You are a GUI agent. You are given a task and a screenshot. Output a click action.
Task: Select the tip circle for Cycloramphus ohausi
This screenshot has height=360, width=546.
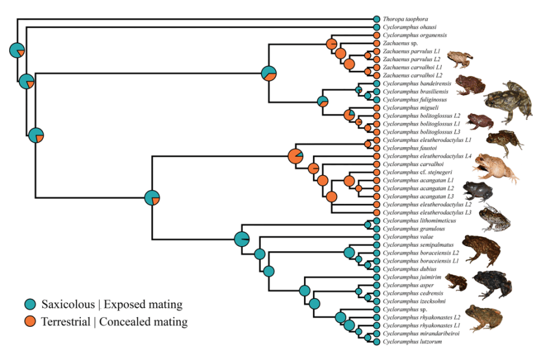(x=376, y=27)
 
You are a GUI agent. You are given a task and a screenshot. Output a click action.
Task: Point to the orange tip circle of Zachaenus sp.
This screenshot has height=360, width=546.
(x=376, y=44)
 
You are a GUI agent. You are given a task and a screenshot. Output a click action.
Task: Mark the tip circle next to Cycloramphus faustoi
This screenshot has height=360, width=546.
(x=376, y=148)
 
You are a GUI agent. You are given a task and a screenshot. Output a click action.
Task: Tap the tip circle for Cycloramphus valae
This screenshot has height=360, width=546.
(x=376, y=238)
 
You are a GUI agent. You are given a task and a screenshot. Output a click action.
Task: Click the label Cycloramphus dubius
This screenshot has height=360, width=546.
(x=404, y=270)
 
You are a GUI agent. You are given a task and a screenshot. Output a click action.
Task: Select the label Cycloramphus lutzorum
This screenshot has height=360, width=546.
(x=407, y=342)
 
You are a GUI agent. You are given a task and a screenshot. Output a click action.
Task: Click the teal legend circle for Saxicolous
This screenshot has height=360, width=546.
(x=30, y=304)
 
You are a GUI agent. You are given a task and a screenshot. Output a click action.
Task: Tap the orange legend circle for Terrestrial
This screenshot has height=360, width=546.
(x=30, y=321)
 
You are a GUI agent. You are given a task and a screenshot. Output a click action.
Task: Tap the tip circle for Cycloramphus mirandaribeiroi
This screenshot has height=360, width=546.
(x=376, y=333)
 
